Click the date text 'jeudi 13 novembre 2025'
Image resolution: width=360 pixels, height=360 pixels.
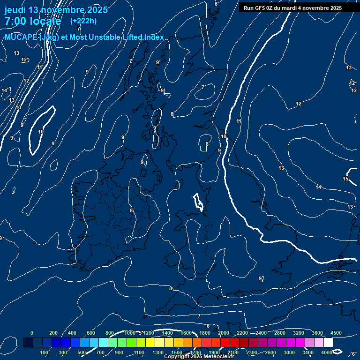[56, 10]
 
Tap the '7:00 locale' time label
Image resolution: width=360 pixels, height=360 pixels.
[33, 21]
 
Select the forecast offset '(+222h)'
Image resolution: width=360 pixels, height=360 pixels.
[83, 21]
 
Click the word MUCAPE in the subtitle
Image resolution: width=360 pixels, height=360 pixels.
[21, 37]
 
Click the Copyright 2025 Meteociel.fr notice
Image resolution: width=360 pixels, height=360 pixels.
[199, 357]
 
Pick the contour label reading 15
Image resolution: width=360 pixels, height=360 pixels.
[345, 179]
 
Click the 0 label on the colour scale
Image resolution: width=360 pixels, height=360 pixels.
[32, 333]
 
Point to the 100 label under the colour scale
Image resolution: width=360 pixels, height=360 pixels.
[44, 352]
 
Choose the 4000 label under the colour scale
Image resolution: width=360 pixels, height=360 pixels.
[327, 352]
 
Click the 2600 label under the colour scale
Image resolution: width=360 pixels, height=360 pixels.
[270, 352]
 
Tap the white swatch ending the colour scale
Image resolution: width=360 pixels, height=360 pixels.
[328, 343]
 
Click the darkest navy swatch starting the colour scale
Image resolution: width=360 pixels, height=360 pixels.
[28, 343]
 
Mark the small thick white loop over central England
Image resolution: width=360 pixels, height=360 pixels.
[199, 202]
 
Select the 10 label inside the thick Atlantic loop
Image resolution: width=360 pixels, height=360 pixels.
[41, 132]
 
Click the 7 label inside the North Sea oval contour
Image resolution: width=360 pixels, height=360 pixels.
[202, 88]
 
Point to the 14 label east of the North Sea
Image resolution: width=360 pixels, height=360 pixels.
[318, 187]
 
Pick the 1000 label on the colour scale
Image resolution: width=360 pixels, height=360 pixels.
[130, 333]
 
